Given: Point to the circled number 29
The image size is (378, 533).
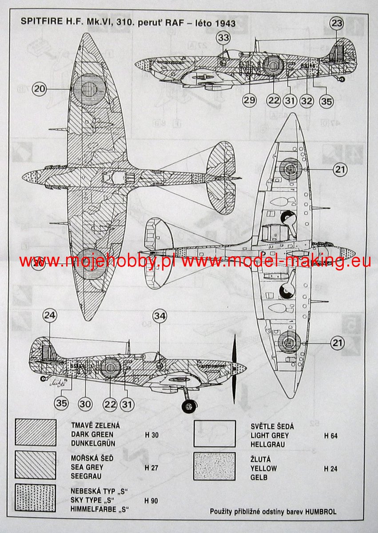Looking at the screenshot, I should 250,101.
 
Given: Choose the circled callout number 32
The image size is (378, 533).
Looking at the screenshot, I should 306,101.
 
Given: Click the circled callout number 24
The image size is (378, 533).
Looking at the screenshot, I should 50,316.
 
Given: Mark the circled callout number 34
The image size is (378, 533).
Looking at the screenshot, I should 159,316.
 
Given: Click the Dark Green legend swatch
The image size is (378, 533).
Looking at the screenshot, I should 35,433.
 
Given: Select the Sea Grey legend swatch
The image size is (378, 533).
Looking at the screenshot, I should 35,465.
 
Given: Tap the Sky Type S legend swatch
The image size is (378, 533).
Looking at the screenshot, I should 35,497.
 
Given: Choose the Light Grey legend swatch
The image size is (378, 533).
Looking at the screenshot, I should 215,434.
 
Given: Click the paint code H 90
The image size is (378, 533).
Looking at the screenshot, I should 151,500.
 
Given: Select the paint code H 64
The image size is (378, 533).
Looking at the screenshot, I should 330,436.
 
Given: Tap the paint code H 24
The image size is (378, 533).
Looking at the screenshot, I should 330,468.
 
